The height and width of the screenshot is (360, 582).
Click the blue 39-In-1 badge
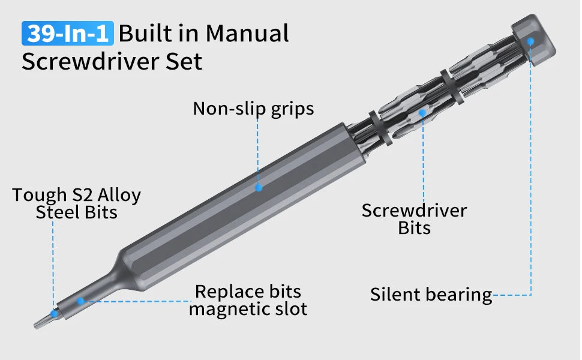pos(67,34)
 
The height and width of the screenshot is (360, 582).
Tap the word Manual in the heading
pos(247,34)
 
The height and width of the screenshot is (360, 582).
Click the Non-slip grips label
pos(253,109)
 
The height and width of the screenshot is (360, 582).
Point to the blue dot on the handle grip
pos(259,188)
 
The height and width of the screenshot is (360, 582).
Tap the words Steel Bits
pos(76,212)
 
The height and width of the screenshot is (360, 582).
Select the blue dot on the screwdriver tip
pos(54,313)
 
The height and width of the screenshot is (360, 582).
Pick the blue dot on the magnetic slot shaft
pos(80,300)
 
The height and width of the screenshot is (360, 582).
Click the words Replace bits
pos(248,292)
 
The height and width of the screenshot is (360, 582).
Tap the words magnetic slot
pos(248,309)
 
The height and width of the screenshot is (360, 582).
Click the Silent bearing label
pos(431,295)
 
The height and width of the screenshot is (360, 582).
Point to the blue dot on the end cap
pos(530,41)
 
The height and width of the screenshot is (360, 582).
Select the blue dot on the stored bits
pos(422,112)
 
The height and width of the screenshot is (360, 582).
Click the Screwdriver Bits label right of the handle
pos(414,219)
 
